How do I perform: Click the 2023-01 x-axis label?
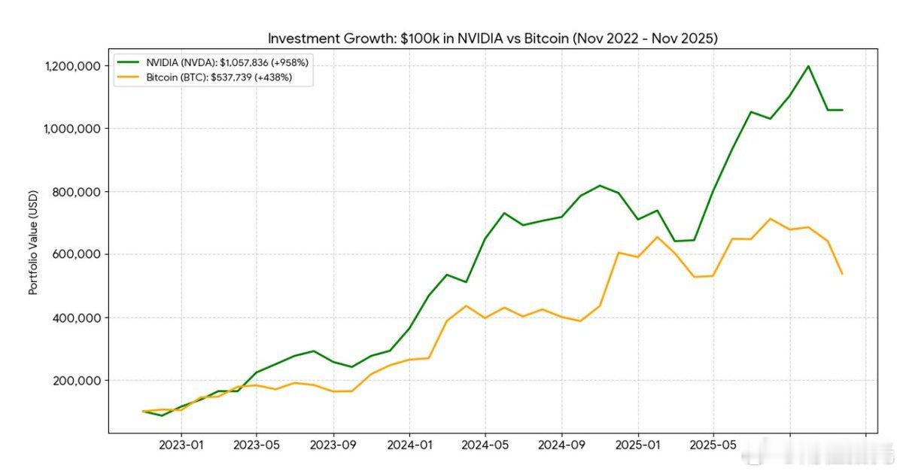(x=181, y=444)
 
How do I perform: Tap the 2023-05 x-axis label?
(x=257, y=444)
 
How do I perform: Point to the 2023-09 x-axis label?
(x=333, y=444)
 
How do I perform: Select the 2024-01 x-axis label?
(x=409, y=444)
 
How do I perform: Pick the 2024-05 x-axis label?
(x=485, y=444)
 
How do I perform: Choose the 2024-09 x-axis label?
(x=562, y=444)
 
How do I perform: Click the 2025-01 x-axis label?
(x=638, y=444)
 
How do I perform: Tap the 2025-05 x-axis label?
(x=714, y=444)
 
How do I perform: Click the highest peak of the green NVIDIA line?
(x=808, y=66)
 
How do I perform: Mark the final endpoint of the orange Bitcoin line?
(x=842, y=274)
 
